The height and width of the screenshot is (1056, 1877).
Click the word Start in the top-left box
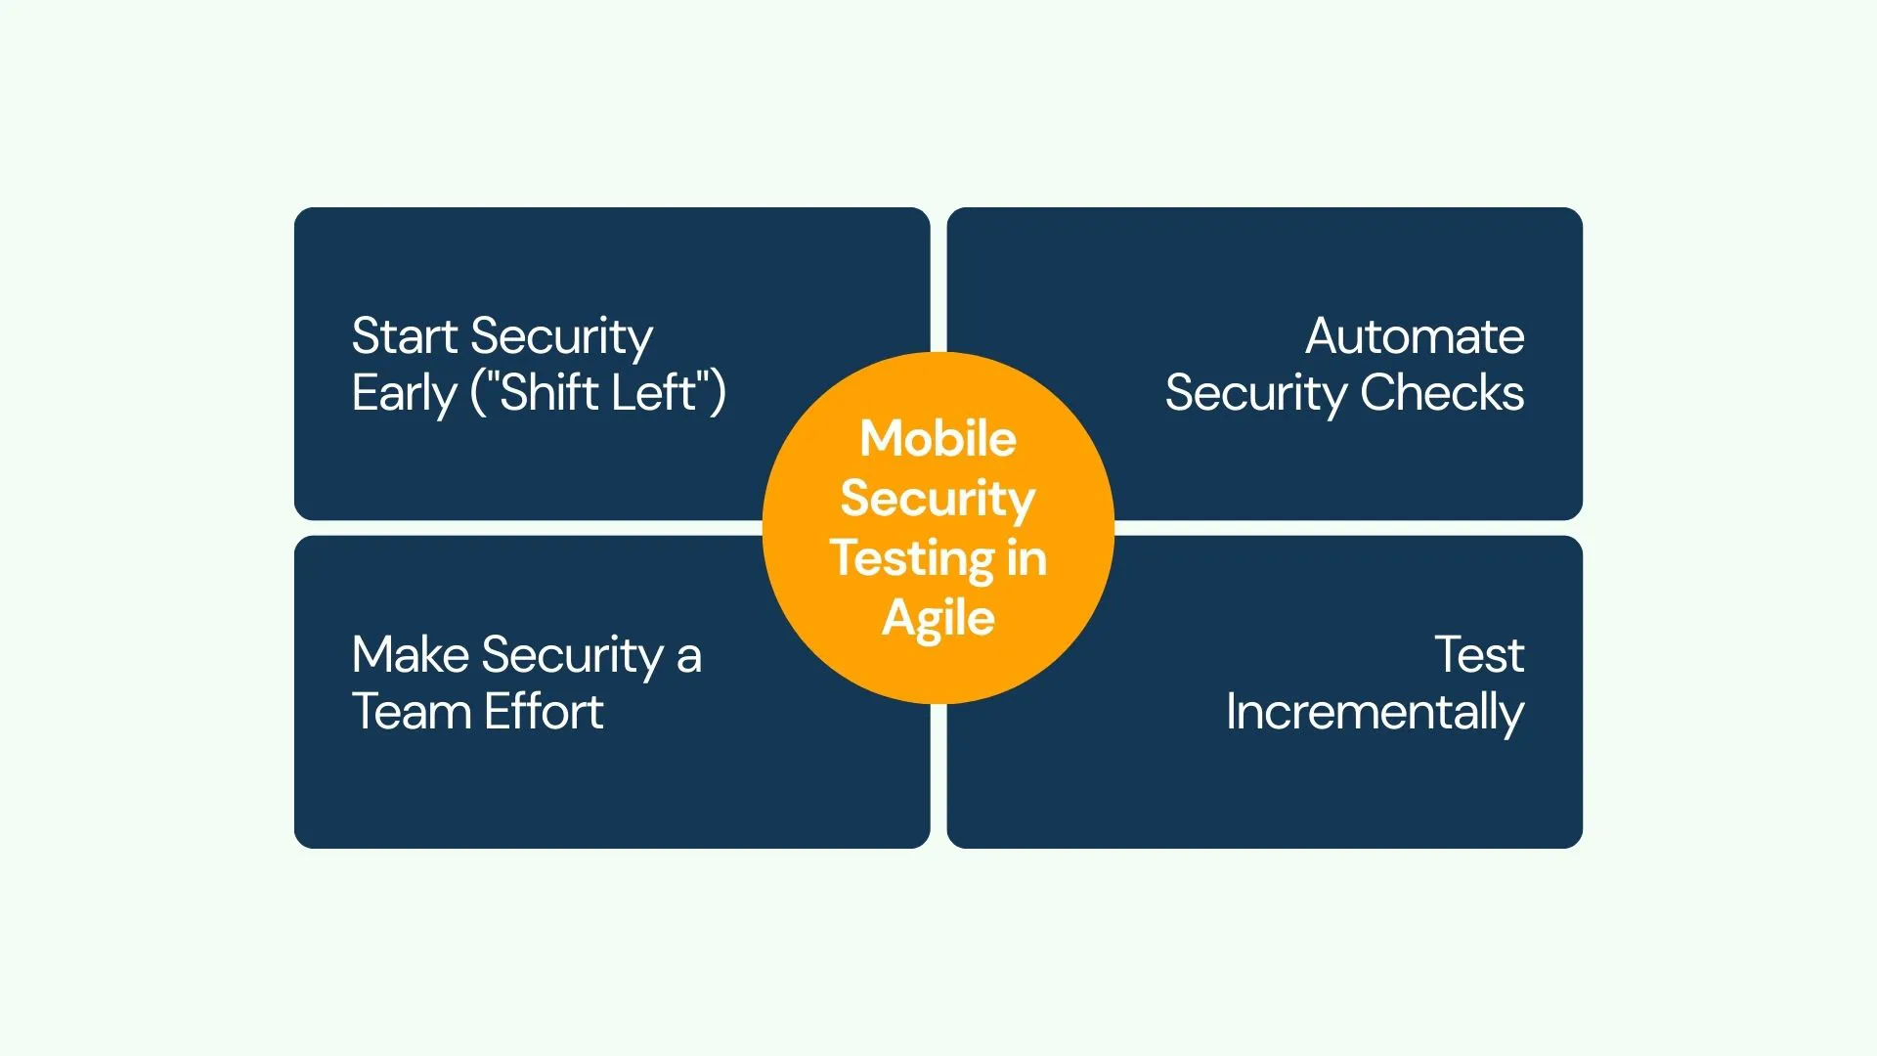(405, 336)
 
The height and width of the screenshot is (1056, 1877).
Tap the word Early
(404, 393)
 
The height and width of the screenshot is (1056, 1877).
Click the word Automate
(1415, 336)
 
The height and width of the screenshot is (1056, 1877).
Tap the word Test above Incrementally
(1479, 655)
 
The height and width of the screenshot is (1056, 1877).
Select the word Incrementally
(1375, 713)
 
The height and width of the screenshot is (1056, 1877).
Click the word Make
(411, 655)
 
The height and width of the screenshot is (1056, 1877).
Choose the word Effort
(544, 712)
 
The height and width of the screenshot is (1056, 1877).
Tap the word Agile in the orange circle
(938, 619)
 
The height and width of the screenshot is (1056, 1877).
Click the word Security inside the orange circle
(938, 499)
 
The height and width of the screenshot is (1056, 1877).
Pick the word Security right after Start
(561, 338)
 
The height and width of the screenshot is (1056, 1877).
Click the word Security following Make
(573, 657)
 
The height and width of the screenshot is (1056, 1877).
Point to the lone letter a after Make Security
(689, 658)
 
